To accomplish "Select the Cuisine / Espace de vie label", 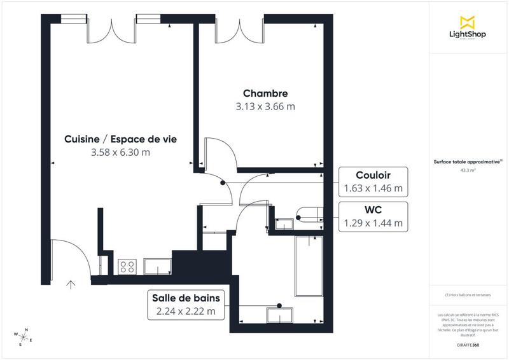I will click(120, 139).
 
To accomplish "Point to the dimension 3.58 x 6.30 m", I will click(120, 153).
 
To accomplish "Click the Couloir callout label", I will click(373, 175).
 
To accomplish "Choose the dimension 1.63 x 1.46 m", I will click(373, 188).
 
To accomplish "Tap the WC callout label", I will click(373, 209).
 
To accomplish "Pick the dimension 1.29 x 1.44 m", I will click(373, 223).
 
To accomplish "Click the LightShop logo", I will click(468, 28).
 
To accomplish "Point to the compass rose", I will click(24, 336).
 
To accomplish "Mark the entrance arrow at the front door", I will click(71, 284).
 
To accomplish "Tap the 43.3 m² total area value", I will click(468, 170).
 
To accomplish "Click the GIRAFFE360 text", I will click(468, 343).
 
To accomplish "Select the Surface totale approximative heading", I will click(468, 162).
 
